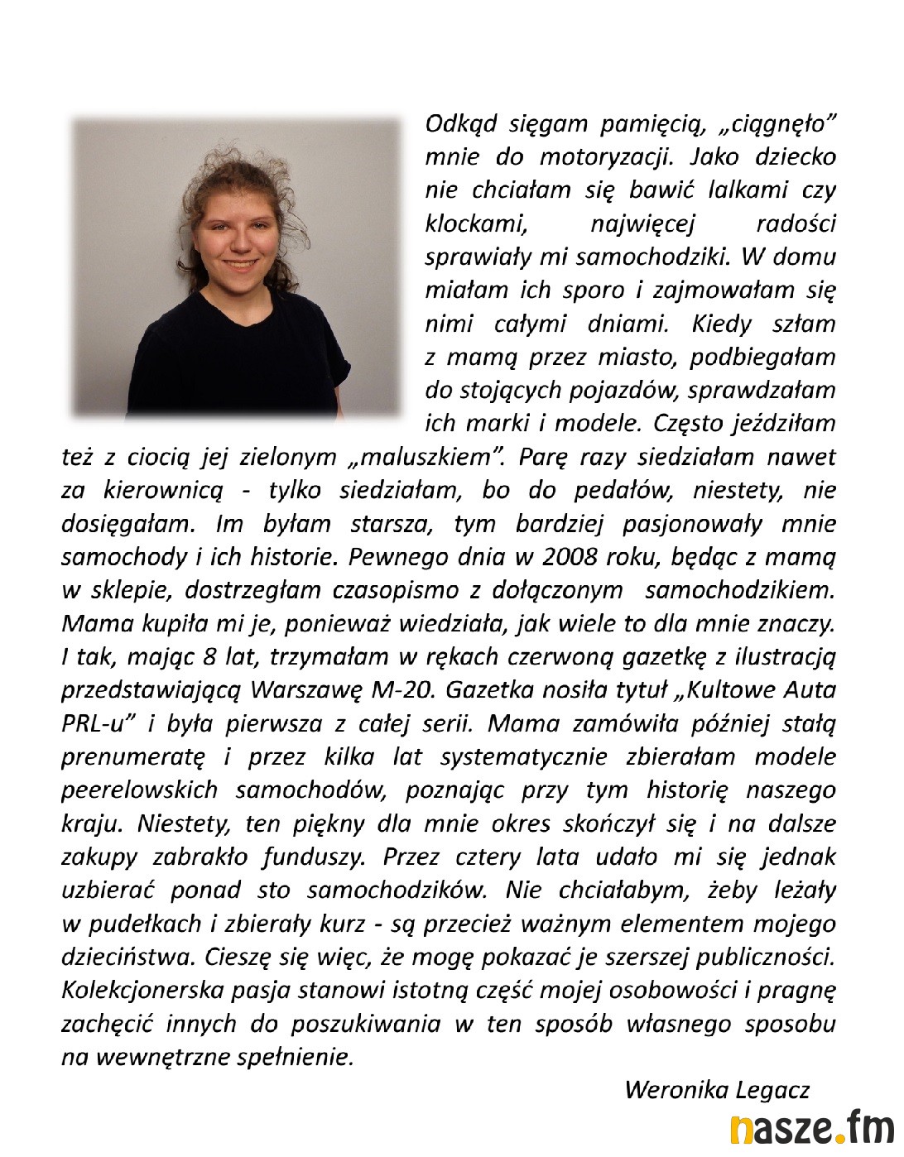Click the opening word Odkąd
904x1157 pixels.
coord(460,124)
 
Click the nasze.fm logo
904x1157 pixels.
coord(811,1129)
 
